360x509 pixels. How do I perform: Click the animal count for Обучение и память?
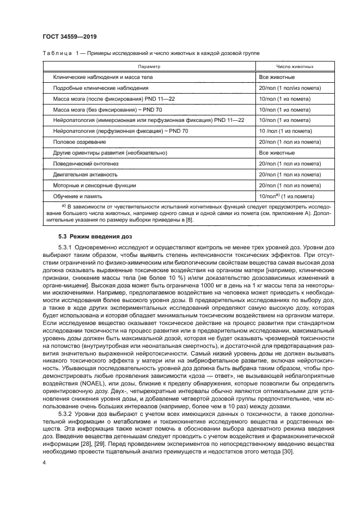[287, 195]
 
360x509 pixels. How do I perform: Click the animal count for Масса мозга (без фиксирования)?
[286, 109]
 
